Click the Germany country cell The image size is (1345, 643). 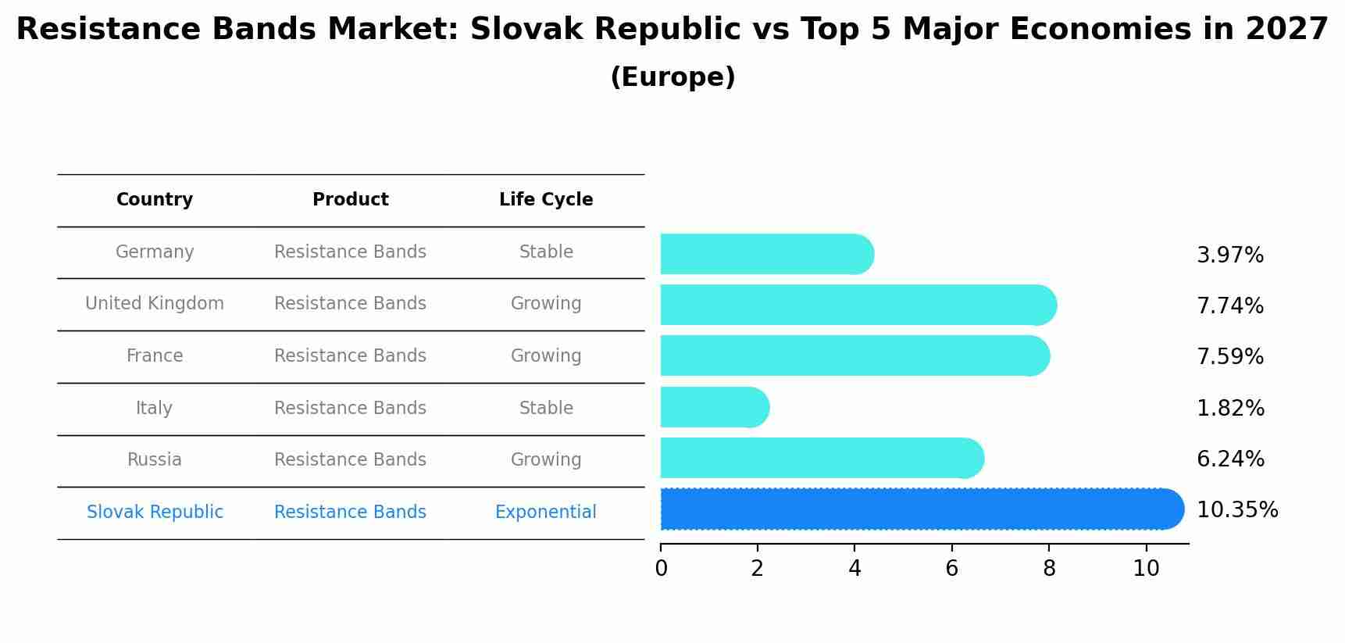coord(155,252)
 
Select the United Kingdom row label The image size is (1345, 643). coord(155,304)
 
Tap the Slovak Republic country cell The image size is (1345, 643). coord(155,513)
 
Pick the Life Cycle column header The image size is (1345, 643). coord(546,200)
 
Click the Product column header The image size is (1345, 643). coord(350,200)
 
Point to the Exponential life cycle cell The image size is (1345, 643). coord(546,513)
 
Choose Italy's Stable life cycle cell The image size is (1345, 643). coord(546,409)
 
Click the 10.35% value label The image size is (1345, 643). coord(1237,510)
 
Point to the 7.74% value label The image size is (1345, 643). coord(1230,306)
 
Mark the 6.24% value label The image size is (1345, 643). coord(1230,459)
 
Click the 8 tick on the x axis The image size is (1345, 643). coord(1049,569)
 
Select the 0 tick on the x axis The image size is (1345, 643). coord(661,569)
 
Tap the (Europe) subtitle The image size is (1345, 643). coord(672,77)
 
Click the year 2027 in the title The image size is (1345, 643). coord(1286,30)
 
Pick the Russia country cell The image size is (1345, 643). coord(155,460)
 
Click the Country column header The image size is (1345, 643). coord(155,200)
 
